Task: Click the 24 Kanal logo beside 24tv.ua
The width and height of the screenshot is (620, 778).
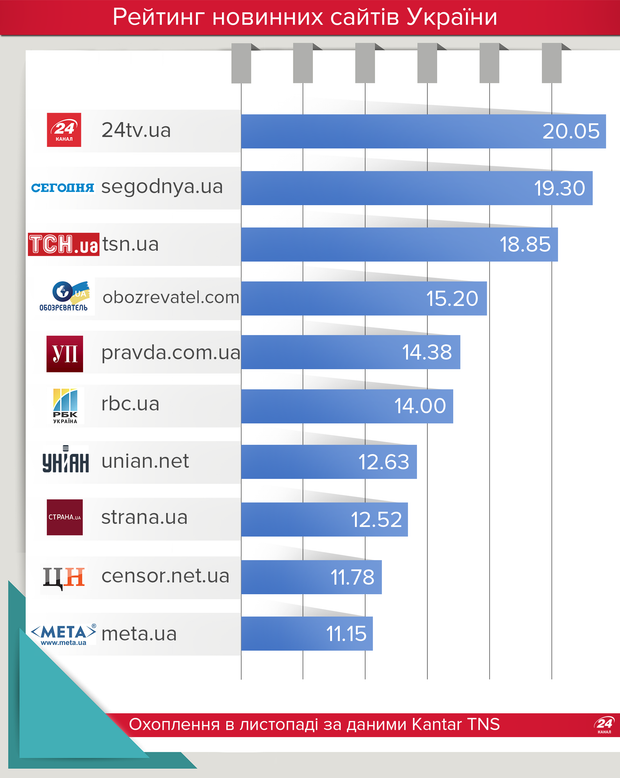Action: [64, 130]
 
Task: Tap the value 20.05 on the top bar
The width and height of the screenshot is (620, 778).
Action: [570, 132]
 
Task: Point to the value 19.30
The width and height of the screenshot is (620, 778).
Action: [557, 188]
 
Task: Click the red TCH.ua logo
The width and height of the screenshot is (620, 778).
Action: [64, 243]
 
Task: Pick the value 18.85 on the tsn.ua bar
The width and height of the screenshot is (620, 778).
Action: [525, 244]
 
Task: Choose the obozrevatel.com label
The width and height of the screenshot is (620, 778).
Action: [171, 296]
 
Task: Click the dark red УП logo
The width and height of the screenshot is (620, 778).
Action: [65, 353]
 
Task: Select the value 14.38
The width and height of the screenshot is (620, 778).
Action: [426, 352]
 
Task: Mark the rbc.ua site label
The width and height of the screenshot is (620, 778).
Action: [130, 404]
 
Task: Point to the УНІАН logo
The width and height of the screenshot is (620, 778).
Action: [66, 461]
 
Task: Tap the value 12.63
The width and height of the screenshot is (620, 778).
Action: [384, 462]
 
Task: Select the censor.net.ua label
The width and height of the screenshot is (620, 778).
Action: [165, 575]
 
